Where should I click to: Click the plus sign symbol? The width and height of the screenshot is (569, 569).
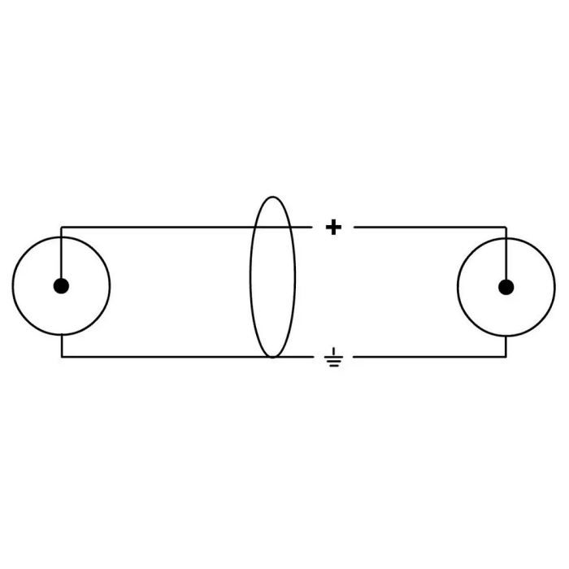coord(333,227)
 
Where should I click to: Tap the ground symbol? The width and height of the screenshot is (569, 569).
coord(333,358)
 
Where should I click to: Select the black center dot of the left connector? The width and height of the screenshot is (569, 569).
coord(61,285)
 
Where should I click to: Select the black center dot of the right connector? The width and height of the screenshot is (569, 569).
coord(506,285)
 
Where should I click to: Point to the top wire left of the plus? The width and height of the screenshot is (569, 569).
coord(163,227)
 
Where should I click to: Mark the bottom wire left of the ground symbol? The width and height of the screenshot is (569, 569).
coord(163,357)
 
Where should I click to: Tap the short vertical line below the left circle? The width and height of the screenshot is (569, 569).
coord(61,345)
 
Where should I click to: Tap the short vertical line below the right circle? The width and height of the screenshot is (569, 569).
coord(506,345)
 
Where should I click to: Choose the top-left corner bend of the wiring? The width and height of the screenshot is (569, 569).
coord(61,227)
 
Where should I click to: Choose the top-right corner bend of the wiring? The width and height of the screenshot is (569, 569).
coord(506,227)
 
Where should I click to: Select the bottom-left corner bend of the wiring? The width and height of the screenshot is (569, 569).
coord(61,357)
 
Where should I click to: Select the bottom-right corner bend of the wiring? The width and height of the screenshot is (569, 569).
coord(506,357)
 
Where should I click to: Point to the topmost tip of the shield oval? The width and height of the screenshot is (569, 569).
coord(272,196)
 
